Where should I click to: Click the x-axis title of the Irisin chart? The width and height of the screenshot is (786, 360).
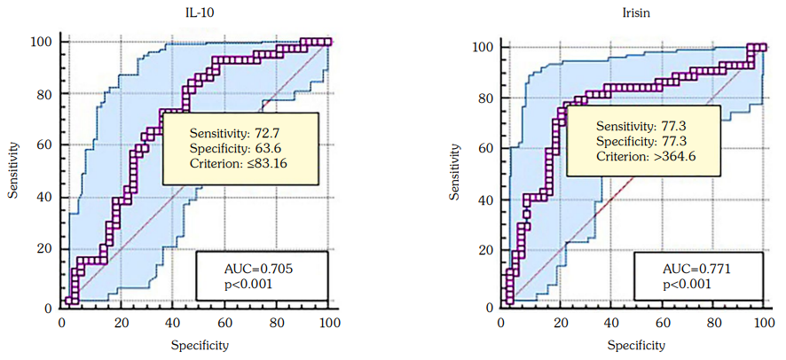(634, 345)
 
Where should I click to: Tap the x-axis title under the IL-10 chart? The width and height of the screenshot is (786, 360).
(197, 345)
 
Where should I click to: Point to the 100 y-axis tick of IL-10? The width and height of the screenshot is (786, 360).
(42, 42)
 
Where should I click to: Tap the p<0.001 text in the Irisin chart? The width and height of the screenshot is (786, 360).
(687, 286)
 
